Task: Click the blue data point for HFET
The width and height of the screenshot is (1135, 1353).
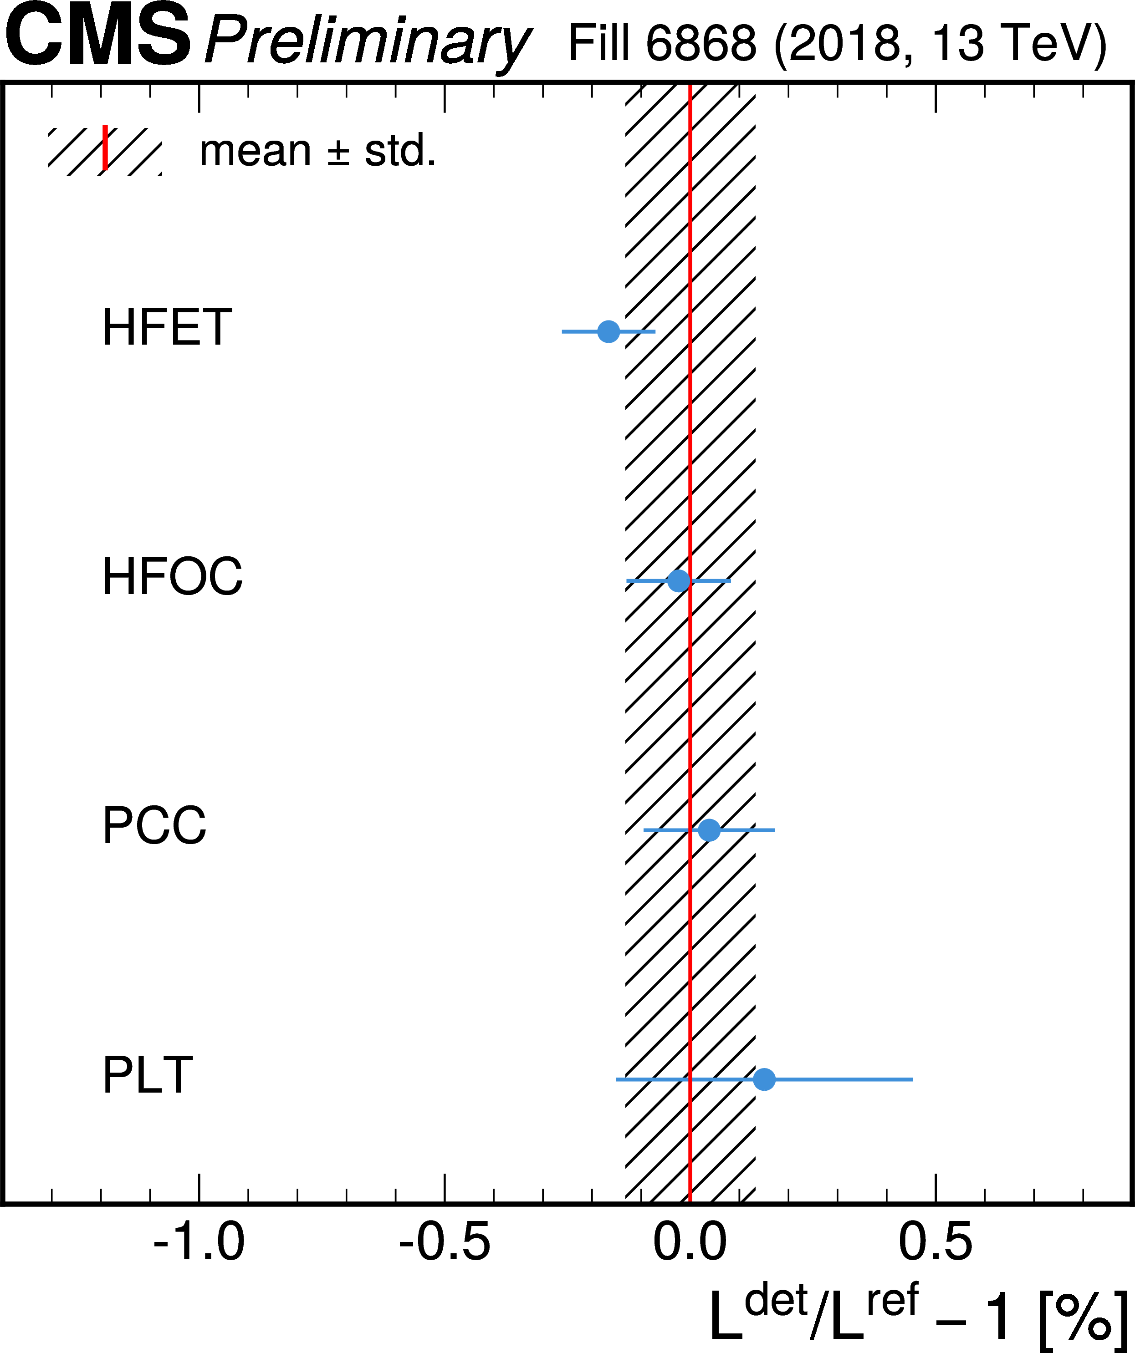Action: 608,332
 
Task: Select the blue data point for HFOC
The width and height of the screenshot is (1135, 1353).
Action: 679,580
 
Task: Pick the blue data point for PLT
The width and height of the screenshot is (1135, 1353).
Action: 764,1079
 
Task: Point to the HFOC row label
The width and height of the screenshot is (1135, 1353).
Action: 172,576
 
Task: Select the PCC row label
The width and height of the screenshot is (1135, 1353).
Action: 154,825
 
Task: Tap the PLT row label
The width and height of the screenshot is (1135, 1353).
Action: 148,1075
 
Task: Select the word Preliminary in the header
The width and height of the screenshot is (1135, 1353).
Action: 368,42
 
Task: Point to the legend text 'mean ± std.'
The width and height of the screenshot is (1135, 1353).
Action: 318,152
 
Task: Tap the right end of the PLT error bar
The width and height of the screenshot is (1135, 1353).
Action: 912,1079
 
